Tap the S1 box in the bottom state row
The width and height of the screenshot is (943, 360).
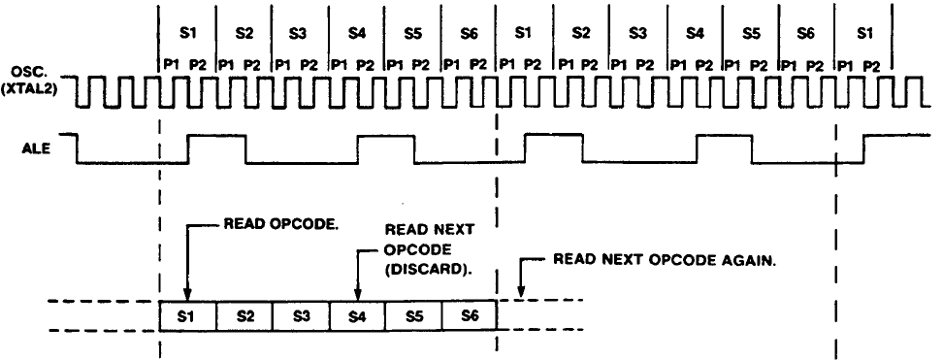tap(187, 316)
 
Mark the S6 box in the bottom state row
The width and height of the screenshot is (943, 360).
tap(469, 316)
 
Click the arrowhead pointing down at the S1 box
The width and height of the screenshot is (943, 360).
tap(187, 294)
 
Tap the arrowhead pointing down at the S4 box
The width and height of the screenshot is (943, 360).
tap(357, 294)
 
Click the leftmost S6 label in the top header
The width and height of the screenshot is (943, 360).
tap(469, 32)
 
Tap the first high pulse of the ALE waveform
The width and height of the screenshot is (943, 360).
tap(216, 137)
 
